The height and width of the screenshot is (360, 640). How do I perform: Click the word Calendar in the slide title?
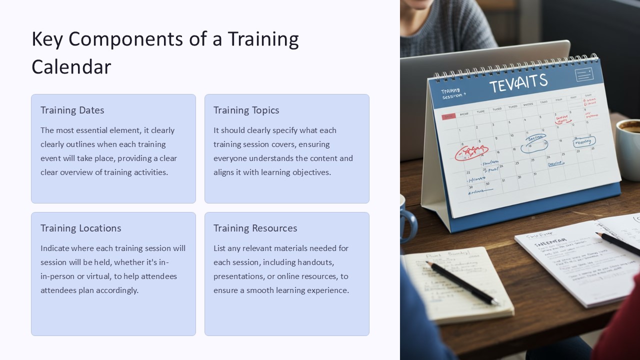pyautogui.click(x=71, y=67)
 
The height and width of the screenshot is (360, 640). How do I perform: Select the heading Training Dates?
pyautogui.click(x=72, y=110)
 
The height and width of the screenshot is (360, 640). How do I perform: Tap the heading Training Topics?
pyautogui.click(x=246, y=110)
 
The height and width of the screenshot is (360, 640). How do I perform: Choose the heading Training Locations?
pyautogui.click(x=80, y=228)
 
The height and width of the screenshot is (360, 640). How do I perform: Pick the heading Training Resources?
pyautogui.click(x=255, y=228)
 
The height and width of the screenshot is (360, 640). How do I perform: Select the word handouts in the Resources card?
pyautogui.click(x=315, y=262)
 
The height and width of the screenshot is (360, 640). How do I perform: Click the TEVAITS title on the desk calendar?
pyautogui.click(x=518, y=82)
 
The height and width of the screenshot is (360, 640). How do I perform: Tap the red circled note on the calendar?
pyautogui.click(x=471, y=151)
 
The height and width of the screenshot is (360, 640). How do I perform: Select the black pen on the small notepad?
pyautogui.click(x=462, y=282)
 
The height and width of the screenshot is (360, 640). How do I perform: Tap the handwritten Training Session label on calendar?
pyautogui.click(x=453, y=93)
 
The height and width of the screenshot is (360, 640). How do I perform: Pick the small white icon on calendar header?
pyautogui.click(x=583, y=74)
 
